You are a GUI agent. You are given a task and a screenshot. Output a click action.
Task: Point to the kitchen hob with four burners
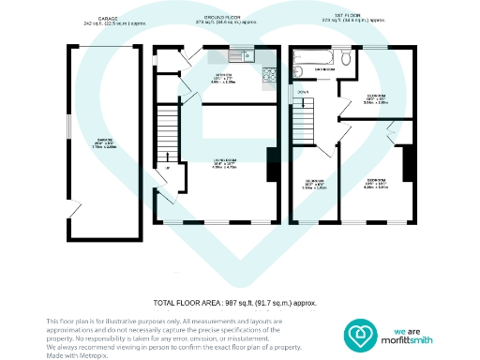pyautogui.click(x=270, y=72)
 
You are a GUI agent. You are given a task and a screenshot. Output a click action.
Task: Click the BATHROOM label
pyautogui.click(x=326, y=68)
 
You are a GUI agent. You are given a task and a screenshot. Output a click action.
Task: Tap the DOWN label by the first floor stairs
pyautogui.click(x=302, y=92)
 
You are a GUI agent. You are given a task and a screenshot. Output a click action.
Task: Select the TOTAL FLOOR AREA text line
pyautogui.click(x=234, y=303)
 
